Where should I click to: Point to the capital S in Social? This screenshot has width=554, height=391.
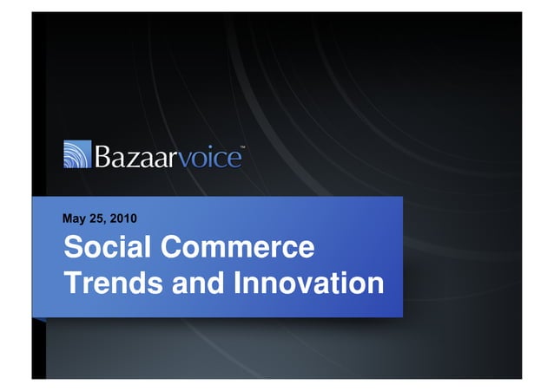[x=71, y=248]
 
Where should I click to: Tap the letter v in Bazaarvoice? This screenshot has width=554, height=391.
[x=186, y=160]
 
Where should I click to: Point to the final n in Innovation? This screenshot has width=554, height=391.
[x=374, y=284]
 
